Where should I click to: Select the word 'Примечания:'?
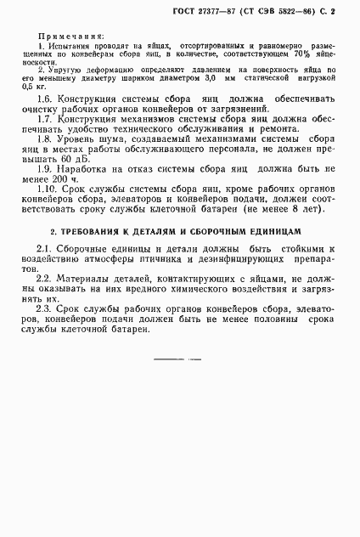(x=71, y=39)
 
